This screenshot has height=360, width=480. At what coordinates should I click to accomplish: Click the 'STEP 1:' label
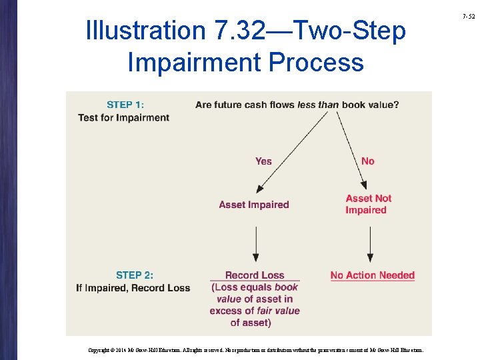(x=125, y=104)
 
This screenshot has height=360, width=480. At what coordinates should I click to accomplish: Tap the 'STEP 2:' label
(x=134, y=275)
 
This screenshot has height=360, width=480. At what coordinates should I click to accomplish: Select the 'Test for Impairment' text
(x=123, y=118)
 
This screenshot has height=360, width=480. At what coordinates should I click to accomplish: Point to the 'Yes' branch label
(x=263, y=161)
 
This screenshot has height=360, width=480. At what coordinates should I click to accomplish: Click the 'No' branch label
(x=368, y=161)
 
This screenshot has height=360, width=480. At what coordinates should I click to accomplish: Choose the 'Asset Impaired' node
(x=254, y=205)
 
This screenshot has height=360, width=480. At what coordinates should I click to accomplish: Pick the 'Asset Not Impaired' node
(x=368, y=204)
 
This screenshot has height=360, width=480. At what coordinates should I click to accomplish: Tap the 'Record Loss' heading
(x=255, y=275)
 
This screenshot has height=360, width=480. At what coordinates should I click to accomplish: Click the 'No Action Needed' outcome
(x=372, y=275)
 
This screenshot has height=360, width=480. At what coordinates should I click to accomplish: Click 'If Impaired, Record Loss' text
(x=133, y=288)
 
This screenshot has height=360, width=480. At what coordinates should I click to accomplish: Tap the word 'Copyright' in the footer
(x=99, y=349)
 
